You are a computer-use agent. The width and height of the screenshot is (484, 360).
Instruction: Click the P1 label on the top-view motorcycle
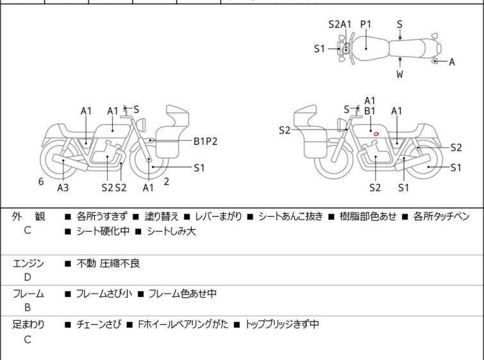click(x=365, y=24)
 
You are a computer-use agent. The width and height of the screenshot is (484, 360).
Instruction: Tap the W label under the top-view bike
click(x=399, y=74)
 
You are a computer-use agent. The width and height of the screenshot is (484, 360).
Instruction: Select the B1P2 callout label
click(x=206, y=141)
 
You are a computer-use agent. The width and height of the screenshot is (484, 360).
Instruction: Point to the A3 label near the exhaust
click(x=63, y=187)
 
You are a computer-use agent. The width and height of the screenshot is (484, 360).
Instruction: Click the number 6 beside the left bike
click(x=41, y=182)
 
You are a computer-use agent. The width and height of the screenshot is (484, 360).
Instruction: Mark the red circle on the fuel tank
click(x=378, y=133)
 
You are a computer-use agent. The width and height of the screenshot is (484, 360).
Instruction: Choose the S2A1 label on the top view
click(x=340, y=24)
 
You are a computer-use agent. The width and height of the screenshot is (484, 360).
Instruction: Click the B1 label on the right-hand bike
click(x=370, y=111)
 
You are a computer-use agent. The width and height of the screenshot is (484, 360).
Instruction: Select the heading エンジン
click(x=29, y=263)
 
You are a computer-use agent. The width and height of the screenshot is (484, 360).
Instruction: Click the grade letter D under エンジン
click(x=28, y=277)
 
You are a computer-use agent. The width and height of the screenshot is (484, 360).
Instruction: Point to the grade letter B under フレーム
click(x=28, y=308)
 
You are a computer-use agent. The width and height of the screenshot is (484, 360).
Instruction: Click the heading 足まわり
click(x=29, y=325)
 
